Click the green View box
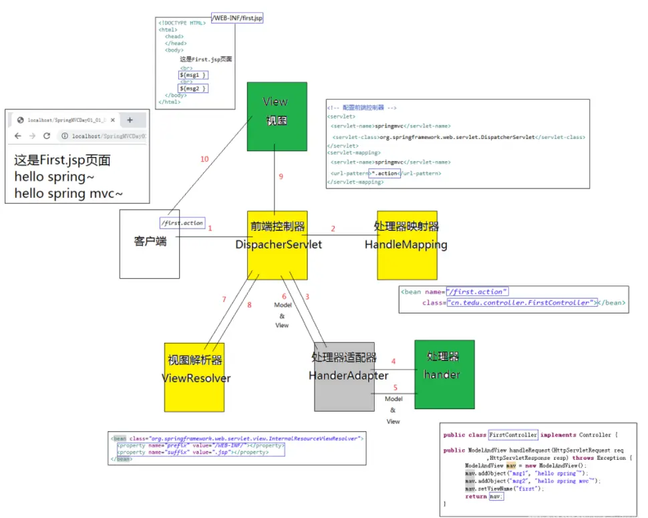277,116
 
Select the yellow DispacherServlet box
277,245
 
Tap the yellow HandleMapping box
407,245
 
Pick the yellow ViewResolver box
194,377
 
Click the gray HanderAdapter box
344,376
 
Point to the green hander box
444,374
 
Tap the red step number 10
204,159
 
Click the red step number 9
281,176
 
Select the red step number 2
333,229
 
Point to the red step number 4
393,361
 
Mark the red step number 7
224,299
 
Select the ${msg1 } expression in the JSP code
193,76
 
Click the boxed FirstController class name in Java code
513,434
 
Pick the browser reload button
47,136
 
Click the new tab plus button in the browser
130,120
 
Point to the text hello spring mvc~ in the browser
69,194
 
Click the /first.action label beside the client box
182,223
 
